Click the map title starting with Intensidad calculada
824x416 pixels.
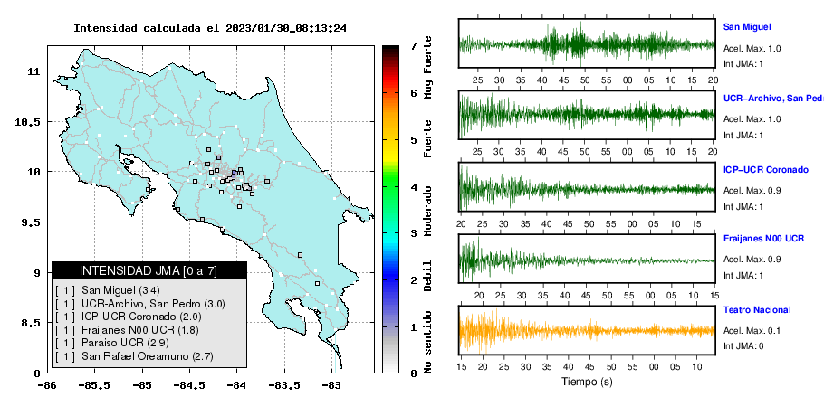210,28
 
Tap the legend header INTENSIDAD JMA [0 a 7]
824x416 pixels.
149,270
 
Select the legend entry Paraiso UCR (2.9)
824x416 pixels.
112,343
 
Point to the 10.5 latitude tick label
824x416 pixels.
28,122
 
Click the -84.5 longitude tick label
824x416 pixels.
189,385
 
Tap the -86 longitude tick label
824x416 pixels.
47,385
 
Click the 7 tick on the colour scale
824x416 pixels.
414,46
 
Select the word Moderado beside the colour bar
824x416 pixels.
427,211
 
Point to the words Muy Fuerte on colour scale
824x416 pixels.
427,67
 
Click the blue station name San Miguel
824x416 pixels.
747,27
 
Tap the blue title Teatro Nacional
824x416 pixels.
757,310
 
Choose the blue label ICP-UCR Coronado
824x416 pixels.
766,170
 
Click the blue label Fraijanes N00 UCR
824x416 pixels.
763,239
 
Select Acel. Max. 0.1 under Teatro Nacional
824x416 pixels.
752,330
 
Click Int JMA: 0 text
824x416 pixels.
743,345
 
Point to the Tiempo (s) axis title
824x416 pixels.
587,382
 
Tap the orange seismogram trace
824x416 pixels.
587,330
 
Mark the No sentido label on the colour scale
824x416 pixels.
427,342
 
